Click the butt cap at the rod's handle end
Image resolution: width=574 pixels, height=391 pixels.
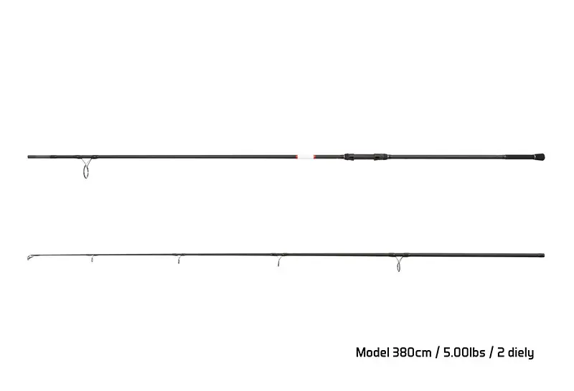tap(540, 157)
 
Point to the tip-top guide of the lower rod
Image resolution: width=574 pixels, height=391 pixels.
tap(29, 258)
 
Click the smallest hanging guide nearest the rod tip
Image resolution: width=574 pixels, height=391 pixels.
tap(92, 258)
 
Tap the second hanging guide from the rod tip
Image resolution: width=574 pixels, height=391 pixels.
tap(179, 259)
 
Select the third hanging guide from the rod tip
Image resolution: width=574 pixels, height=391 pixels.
tap(279, 260)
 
